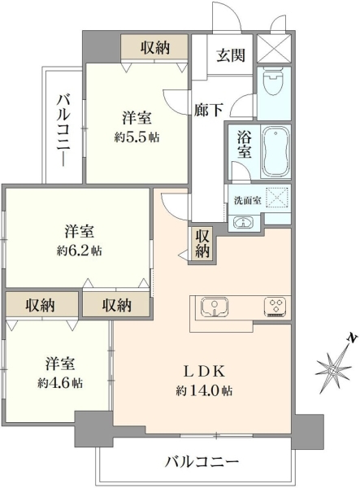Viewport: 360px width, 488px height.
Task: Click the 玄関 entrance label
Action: pyautogui.click(x=231, y=55)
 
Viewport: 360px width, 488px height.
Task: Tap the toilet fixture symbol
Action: pyautogui.click(x=274, y=81)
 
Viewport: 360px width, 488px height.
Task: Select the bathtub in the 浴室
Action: pyautogui.click(x=275, y=151)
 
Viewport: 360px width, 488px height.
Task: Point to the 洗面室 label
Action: pyautogui.click(x=248, y=201)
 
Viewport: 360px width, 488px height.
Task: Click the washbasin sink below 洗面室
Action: pyautogui.click(x=243, y=223)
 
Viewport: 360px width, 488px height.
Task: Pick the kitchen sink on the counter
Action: pyautogui.click(x=215, y=307)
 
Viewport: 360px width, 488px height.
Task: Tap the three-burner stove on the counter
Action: pyautogui.click(x=275, y=307)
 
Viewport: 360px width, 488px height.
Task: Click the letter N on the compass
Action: pyautogui.click(x=352, y=338)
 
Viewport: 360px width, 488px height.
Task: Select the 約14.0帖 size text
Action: pyautogui.click(x=204, y=390)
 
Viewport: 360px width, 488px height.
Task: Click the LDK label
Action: pyautogui.click(x=204, y=372)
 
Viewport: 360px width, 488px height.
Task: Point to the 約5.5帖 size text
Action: pyautogui.click(x=137, y=137)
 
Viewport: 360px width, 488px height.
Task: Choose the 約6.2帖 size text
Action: pyautogui.click(x=80, y=250)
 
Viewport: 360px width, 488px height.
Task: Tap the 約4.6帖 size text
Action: pyautogui.click(x=60, y=383)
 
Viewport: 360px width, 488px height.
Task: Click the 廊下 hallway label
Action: pyautogui.click(x=208, y=110)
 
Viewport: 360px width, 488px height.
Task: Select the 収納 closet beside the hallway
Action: pyautogui.click(x=202, y=243)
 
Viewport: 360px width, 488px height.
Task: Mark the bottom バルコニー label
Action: pyautogui.click(x=202, y=461)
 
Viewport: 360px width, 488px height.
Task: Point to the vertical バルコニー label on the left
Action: pyautogui.click(x=63, y=130)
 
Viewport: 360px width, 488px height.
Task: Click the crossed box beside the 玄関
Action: pyautogui.click(x=274, y=49)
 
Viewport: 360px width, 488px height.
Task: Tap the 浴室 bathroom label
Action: pyautogui.click(x=245, y=144)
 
